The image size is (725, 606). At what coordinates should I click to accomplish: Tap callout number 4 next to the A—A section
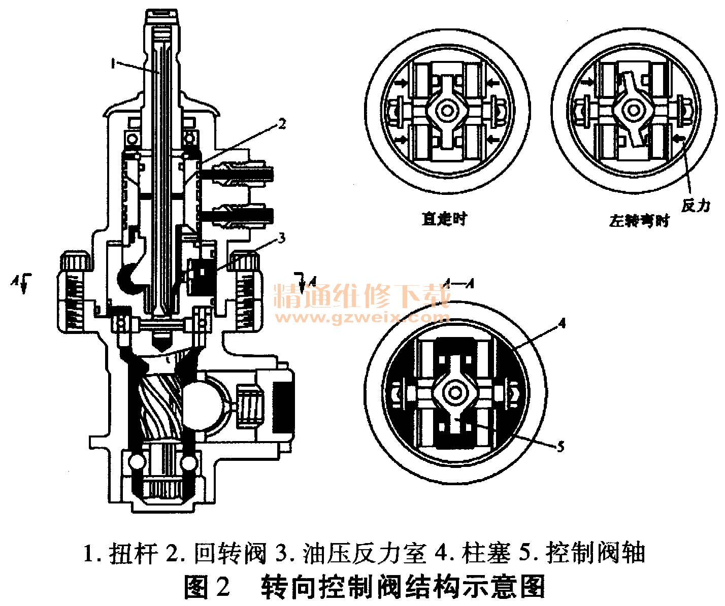pos(561,323)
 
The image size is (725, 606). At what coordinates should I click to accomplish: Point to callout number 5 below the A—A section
pos(560,446)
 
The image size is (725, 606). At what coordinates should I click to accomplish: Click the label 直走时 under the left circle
pos(444,219)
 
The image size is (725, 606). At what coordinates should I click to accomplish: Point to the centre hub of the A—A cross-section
pos(453,392)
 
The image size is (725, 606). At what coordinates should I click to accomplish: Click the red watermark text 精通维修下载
pos(361,296)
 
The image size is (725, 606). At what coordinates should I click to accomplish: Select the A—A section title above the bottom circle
pos(458,284)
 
